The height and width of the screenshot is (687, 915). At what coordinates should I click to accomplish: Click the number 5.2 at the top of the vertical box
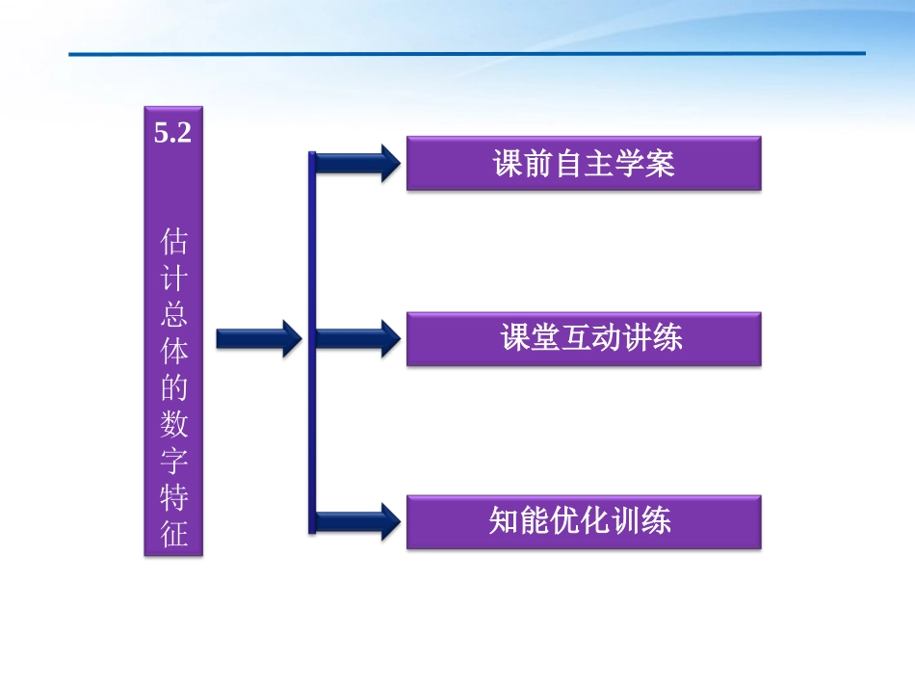point(173,134)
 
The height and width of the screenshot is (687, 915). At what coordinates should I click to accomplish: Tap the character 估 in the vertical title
point(174,241)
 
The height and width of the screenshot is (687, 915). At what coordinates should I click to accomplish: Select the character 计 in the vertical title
point(174,279)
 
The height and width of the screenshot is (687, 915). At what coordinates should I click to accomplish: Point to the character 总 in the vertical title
point(174,315)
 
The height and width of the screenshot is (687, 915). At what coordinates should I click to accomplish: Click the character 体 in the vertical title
point(174,352)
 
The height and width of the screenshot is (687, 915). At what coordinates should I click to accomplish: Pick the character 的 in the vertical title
point(174,388)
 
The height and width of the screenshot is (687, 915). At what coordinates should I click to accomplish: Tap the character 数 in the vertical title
point(174,425)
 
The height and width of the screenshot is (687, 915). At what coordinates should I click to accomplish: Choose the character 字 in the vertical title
point(174,462)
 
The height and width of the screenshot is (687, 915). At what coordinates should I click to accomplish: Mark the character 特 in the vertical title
point(174,498)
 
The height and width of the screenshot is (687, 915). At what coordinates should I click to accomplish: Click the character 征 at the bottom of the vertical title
point(174,534)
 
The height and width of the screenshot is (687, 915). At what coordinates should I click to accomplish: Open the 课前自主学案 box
point(584,163)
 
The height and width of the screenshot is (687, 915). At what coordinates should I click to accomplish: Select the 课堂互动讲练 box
point(584,338)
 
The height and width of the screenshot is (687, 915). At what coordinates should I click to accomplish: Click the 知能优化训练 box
point(584,521)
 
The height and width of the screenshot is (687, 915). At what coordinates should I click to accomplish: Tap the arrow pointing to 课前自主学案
point(356,163)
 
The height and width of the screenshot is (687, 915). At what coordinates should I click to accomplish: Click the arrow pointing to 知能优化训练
point(356,521)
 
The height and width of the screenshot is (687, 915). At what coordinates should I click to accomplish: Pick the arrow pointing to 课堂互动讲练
point(356,338)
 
